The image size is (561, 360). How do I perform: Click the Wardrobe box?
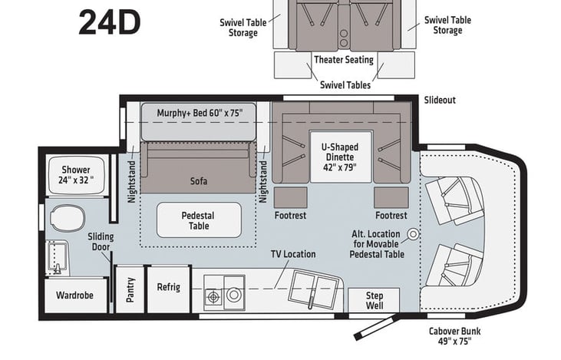(75, 296)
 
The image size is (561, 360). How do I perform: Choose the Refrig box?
(168, 287)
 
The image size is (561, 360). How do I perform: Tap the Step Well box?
(374, 299)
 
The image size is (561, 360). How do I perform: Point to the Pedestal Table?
(199, 220)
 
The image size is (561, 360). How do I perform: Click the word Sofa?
(199, 182)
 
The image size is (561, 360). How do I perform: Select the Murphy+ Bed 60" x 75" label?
(200, 113)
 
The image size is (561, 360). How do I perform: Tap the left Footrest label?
(290, 216)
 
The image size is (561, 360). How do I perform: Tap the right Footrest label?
(391, 216)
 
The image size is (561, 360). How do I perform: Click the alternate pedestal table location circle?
(412, 233)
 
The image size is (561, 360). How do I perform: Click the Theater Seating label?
(343, 59)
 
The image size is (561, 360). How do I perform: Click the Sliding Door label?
(101, 243)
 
